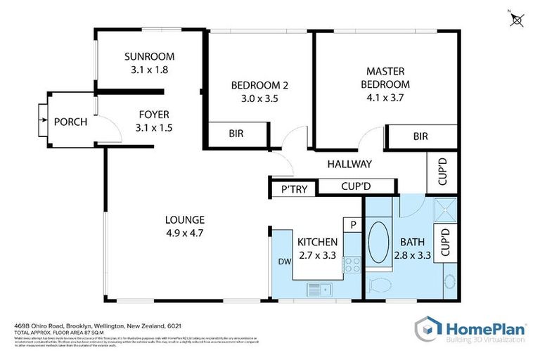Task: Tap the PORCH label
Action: point(70,122)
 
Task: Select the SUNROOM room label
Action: point(149,56)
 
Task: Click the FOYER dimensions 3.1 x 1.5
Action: point(154,128)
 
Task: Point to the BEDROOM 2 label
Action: point(259,86)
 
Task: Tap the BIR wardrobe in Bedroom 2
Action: point(236,133)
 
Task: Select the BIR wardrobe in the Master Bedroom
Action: point(420,136)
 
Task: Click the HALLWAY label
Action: point(349,164)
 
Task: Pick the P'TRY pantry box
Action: point(292,188)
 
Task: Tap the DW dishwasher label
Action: point(285,262)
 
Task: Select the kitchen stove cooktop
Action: point(351,265)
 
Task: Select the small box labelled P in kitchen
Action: point(351,224)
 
